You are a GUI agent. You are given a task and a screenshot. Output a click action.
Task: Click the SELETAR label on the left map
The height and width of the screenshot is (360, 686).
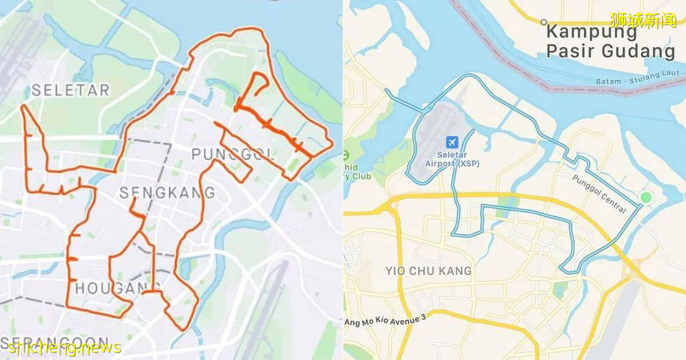(71, 90)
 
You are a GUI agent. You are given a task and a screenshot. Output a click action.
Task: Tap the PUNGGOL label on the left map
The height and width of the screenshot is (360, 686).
(232, 154)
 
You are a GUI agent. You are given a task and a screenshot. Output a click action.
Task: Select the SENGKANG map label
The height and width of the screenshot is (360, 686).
(167, 192)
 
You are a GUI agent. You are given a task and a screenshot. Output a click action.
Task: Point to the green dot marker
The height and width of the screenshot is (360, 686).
(646, 197)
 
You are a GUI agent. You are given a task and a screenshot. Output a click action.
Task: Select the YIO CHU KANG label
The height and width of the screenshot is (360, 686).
(429, 271)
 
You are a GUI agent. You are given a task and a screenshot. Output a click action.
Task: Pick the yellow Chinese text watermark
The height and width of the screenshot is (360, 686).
(643, 20)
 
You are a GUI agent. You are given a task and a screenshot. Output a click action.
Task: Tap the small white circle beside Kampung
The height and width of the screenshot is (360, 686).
(544, 22)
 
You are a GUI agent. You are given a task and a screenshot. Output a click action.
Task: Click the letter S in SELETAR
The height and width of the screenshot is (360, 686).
(36, 90)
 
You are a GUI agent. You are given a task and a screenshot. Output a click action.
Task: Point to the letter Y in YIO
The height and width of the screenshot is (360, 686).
(389, 271)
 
